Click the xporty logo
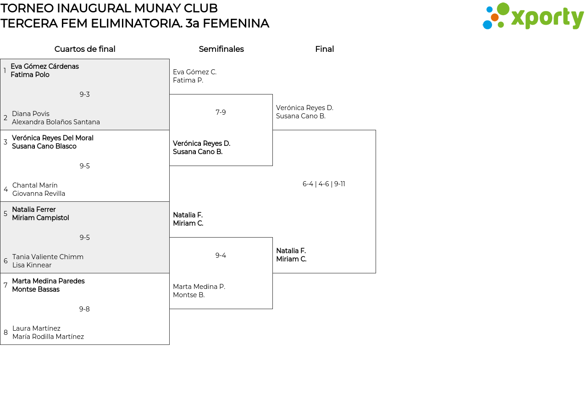coord(533,17)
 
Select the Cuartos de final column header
coord(85,49)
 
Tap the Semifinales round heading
coord(221,49)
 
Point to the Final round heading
coord(324,49)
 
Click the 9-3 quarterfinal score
coord(85,94)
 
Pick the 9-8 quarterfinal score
coord(84,309)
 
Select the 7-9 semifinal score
coord(221,112)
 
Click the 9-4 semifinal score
coord(221,255)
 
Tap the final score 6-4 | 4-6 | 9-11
coord(324,184)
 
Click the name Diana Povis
coord(31,114)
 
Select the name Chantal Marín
coord(35,185)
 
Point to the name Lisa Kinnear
coord(32,265)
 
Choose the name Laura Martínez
coord(36,328)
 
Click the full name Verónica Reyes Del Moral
coord(53,138)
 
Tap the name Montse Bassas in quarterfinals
coord(36,289)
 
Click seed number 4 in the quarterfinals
coord(6,189)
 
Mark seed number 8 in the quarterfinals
coord(6,333)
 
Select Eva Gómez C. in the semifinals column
coord(194,72)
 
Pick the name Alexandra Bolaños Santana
coord(56,122)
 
